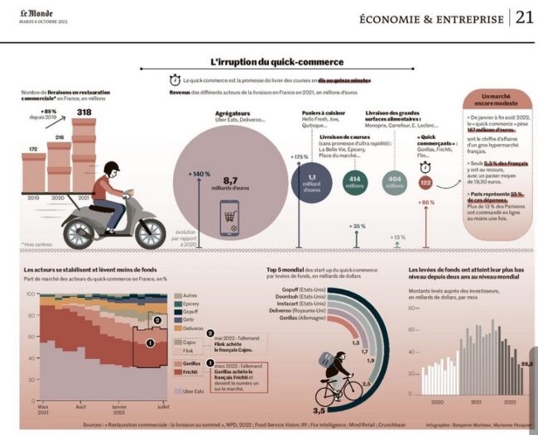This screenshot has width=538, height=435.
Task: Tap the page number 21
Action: click(524, 18)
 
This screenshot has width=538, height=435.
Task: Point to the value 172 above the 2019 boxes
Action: click(32, 149)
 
